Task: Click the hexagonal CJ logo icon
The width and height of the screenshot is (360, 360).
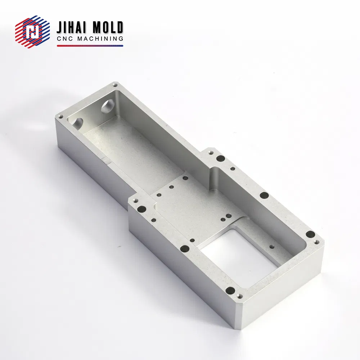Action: point(32,32)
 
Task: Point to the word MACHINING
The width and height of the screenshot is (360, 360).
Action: point(100,39)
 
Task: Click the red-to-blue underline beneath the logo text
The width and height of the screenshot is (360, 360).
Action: point(90,46)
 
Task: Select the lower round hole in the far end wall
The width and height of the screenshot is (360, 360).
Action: point(78,123)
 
